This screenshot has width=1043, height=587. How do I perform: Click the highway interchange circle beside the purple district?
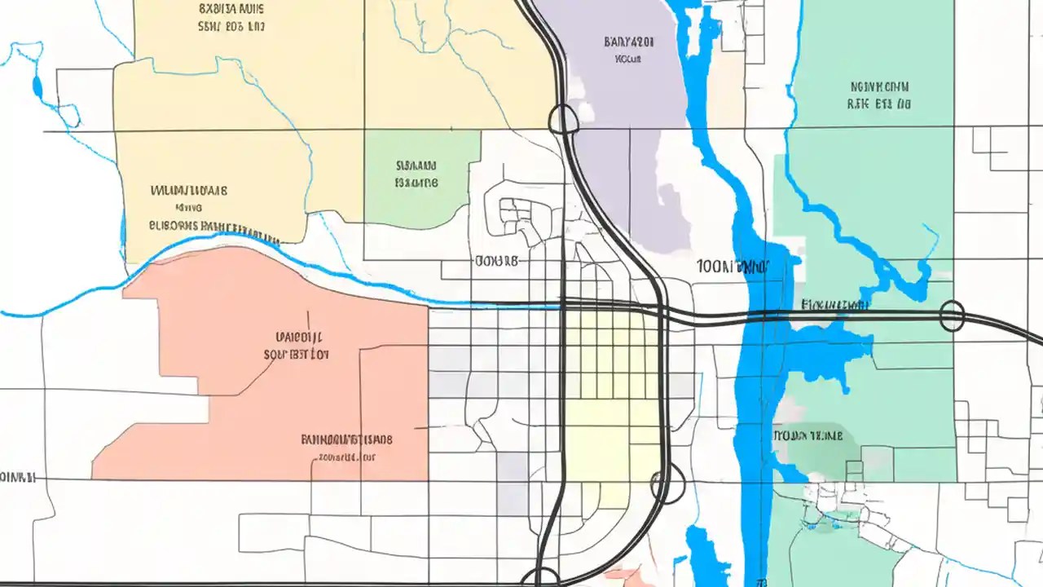pos(563,120)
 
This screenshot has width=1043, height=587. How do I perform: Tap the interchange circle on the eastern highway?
pos(952,316)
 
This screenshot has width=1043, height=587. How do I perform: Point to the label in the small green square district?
pos(416,174)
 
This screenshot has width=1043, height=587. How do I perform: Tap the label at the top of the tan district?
pos(231,17)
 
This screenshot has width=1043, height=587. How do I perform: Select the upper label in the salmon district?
pos(297,346)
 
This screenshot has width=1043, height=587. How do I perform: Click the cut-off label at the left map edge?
pos(16,477)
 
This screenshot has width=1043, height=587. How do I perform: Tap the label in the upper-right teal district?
pos(879,95)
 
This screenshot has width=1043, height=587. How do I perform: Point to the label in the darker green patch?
pos(807,436)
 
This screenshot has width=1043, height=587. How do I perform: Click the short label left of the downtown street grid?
pos(495,262)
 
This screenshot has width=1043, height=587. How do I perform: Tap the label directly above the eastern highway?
pos(834,305)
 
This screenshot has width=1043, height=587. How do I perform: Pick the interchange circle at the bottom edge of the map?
pos(539,577)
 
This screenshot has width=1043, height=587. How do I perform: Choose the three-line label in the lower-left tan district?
pos(196,208)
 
